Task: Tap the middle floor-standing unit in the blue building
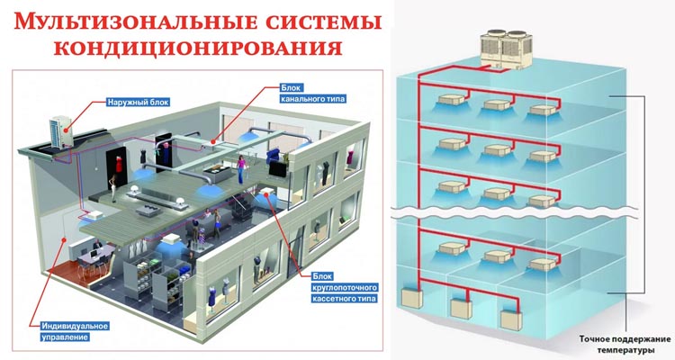coord(463,310)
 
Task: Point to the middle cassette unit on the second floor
coord(494,148)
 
